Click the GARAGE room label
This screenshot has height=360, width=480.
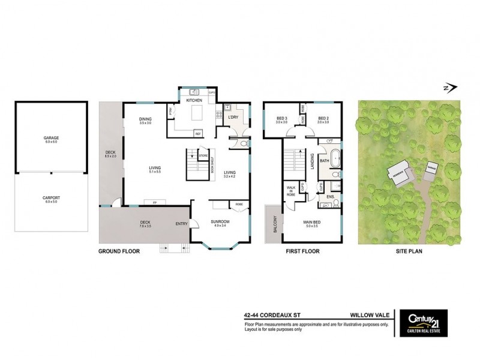(x=50, y=138)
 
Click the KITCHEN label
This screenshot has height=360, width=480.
(x=194, y=100)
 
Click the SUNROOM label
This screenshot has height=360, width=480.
(x=220, y=223)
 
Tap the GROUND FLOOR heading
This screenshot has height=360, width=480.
(x=119, y=252)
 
